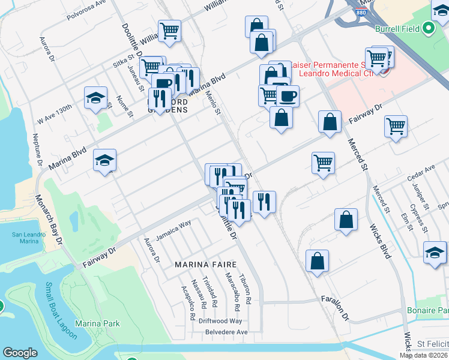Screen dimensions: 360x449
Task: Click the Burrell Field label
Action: (x=397, y=28)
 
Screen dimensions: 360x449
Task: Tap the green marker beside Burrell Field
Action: (x=427, y=28)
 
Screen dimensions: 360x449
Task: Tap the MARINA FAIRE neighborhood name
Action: (x=205, y=264)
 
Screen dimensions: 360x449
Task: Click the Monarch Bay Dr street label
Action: (x=48, y=220)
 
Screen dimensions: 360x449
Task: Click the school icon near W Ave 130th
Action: (x=95, y=98)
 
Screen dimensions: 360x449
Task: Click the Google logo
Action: (x=20, y=353)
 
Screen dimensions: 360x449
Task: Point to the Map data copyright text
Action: (x=424, y=355)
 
